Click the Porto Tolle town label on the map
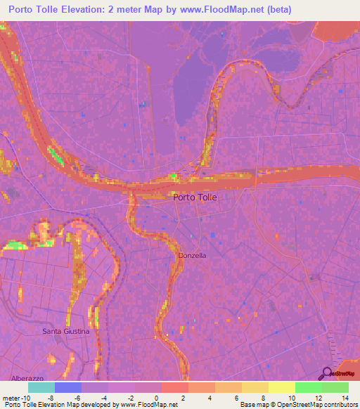195,197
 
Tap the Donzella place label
192,255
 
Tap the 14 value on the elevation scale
345,397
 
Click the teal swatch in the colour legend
41,387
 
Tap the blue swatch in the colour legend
68,387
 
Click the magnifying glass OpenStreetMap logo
328,374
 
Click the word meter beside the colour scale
11,397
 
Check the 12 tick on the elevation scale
319,397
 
